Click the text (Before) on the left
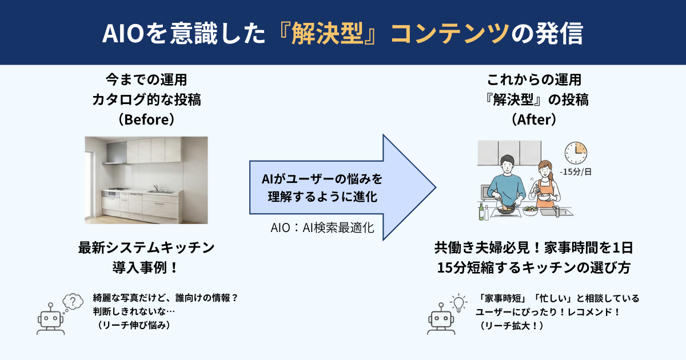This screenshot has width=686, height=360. coord(146,121)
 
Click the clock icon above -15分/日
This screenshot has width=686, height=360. coord(576,153)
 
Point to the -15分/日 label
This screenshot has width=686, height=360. coord(576,171)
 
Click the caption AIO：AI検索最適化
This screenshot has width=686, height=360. coord(322,227)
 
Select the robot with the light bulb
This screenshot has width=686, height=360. coord(439,322)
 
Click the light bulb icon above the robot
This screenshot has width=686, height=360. coord(458,301)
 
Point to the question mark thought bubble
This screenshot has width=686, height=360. coord(73,301)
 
